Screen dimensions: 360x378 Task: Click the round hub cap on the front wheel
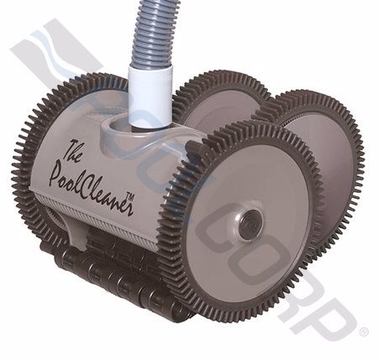[x=249, y=223]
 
